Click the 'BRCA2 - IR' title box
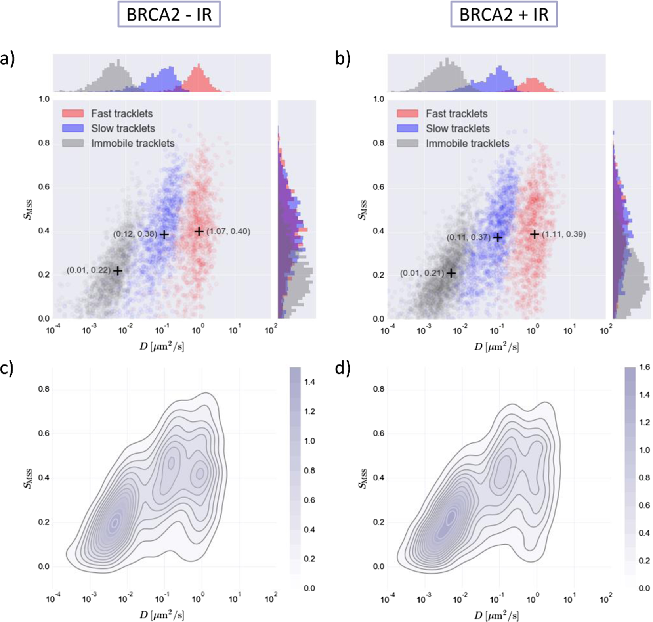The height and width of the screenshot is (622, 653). click(x=169, y=15)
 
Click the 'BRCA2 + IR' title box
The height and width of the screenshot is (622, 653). click(x=504, y=15)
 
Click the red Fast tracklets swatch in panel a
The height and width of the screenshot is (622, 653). click(x=73, y=114)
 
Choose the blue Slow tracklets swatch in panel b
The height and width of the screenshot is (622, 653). click(x=407, y=128)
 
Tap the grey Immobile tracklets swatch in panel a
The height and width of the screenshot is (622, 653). click(x=73, y=143)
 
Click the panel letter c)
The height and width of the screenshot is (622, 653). click(x=8, y=369)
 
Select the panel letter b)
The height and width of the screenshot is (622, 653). click(x=343, y=59)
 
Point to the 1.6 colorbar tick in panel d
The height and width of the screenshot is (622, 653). click(x=644, y=367)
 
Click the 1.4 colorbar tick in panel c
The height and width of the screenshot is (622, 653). click(x=309, y=382)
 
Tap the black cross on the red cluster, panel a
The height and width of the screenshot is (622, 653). click(x=199, y=231)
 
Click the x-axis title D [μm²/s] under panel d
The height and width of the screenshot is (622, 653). click(x=496, y=615)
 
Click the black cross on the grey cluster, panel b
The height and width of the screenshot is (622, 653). click(x=451, y=273)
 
